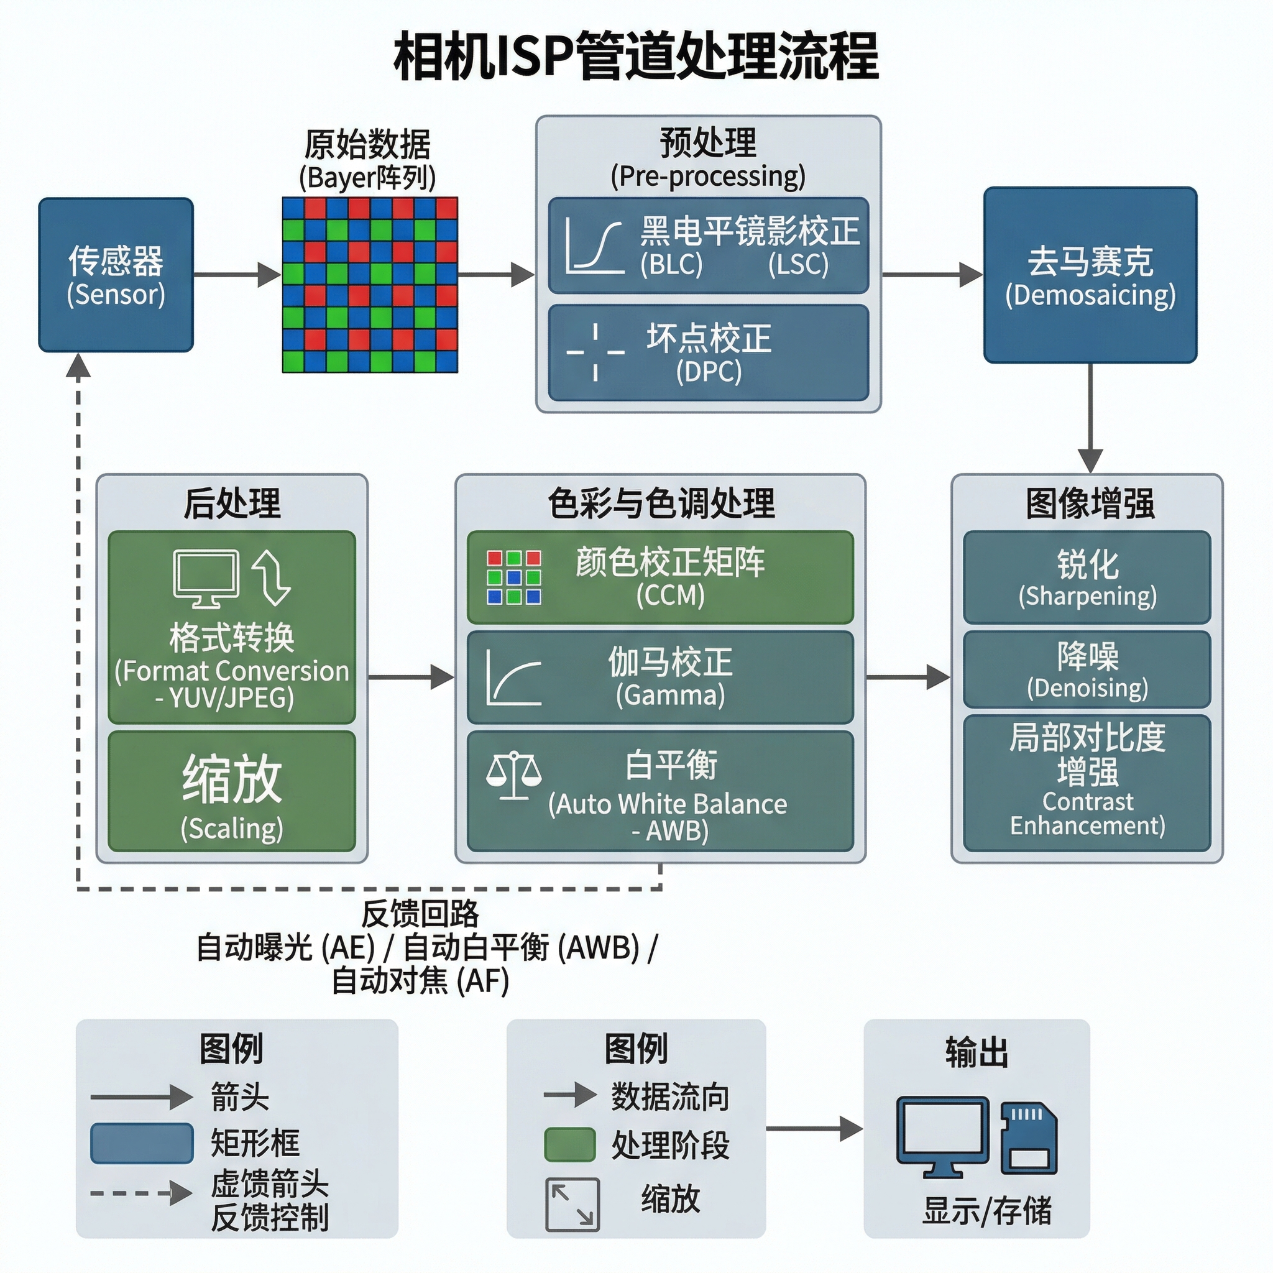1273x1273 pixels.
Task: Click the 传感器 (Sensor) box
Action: tap(116, 275)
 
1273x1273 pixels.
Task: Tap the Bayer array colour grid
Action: tap(370, 285)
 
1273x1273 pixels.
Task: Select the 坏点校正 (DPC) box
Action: tap(709, 352)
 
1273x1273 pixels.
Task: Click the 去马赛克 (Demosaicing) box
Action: tap(1090, 275)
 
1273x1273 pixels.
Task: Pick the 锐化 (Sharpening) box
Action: tap(1087, 577)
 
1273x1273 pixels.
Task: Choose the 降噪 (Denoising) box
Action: tap(1087, 669)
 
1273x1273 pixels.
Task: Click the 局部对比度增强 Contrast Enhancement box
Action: tap(1087, 783)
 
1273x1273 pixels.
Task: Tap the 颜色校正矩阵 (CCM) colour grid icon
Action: tap(514, 577)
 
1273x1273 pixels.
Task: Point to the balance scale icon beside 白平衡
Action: tap(514, 776)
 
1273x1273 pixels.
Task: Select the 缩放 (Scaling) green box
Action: tap(232, 791)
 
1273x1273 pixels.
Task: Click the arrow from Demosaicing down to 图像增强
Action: tap(1090, 418)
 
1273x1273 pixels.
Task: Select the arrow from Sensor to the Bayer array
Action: tap(238, 275)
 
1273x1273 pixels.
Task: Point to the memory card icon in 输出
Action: tap(1029, 1138)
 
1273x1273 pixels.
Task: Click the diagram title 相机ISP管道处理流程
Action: tap(636, 57)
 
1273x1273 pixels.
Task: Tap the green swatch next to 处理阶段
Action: tap(570, 1144)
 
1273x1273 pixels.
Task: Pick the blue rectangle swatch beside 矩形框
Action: tap(142, 1143)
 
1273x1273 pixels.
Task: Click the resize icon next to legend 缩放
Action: tap(572, 1205)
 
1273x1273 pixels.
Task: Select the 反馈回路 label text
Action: tap(420, 914)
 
